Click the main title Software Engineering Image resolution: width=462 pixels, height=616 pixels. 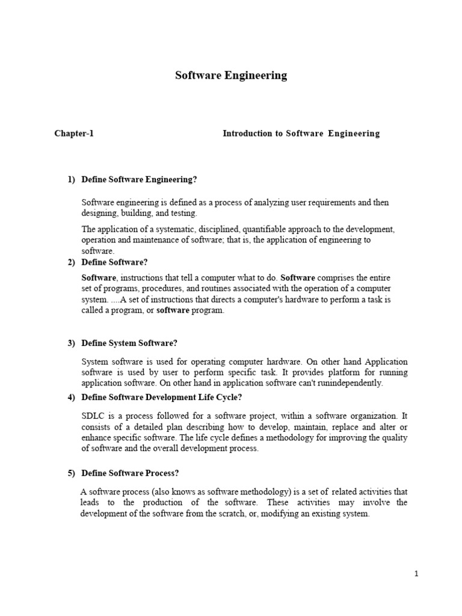point(231,76)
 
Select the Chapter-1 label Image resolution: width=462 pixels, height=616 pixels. point(74,134)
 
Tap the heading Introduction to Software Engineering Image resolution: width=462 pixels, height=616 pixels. point(301,134)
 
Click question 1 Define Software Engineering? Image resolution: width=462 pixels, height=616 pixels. point(139,179)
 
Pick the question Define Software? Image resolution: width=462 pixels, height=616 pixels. point(114,262)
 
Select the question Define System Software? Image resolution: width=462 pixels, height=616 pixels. point(129,343)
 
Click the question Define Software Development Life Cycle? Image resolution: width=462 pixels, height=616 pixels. point(162,397)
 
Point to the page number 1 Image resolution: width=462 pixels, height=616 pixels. point(416,574)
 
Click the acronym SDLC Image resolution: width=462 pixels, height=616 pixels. point(92,416)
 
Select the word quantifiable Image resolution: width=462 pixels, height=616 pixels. point(267,229)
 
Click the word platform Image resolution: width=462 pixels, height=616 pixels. point(342,372)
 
